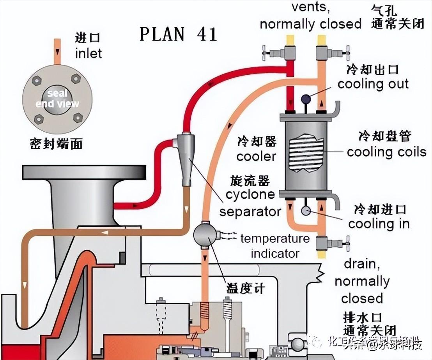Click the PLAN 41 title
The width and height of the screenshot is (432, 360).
[179, 34]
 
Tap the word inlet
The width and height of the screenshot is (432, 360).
[89, 53]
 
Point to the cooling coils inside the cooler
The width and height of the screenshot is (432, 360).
[305, 152]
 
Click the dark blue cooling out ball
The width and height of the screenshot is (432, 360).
[305, 99]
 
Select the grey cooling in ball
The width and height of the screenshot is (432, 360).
[305, 211]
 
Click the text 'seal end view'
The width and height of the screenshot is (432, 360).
[57, 99]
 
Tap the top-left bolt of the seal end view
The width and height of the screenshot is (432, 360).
[37, 81]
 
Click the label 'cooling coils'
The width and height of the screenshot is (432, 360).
[386, 152]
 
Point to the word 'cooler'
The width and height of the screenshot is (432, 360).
[256, 157]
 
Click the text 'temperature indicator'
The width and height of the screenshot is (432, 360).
[274, 246]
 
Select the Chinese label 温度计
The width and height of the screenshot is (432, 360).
[246, 289]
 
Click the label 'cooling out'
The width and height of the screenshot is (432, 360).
[373, 84]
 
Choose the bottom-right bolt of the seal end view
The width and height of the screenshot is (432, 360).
[78, 117]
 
